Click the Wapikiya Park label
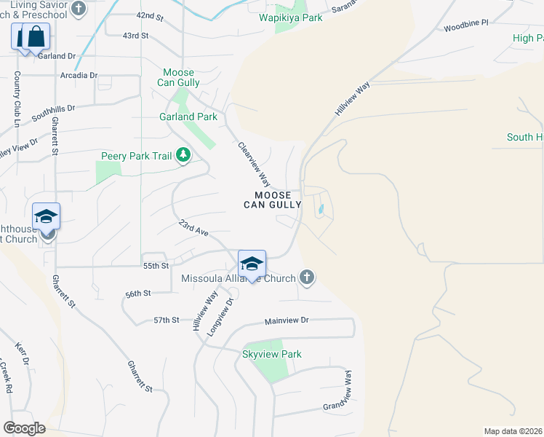coord(291,17)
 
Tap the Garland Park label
coord(188,117)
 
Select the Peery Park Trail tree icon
coord(183,154)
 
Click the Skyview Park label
coord(271,354)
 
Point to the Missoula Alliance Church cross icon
coord(307,277)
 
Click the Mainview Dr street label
coord(287,320)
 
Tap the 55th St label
coord(156,267)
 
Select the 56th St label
coord(137,293)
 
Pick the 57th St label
coord(166,320)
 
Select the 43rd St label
coord(136,35)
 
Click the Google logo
coord(24,428)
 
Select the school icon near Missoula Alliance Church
coord(252,264)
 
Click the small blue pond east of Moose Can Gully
coord(321,210)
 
